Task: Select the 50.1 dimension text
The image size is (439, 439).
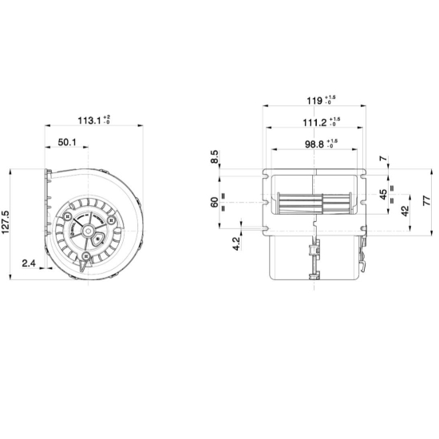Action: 67,143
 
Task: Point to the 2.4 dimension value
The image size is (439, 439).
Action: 29,263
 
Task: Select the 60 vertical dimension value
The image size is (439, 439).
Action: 214,201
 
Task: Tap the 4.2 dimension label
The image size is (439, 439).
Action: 236,243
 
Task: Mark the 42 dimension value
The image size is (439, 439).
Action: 405,212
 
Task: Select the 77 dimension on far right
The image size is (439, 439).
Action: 426,200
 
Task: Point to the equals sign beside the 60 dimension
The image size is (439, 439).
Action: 223,196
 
